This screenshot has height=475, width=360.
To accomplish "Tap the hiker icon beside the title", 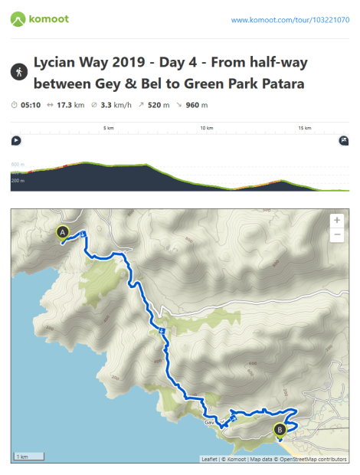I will point(18,71).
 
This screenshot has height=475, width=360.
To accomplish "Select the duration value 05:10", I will point(31,105).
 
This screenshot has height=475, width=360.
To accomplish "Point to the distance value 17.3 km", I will point(71,105).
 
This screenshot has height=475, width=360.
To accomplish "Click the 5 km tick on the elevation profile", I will point(109,128).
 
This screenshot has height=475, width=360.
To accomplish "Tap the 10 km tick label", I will point(206,128).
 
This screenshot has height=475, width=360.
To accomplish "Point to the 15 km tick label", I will point(304,128).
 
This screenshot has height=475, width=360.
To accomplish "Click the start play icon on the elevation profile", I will point(15,140).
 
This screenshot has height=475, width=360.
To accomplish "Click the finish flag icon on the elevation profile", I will point(343,140).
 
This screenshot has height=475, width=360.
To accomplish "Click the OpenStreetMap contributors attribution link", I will point(314,459).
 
